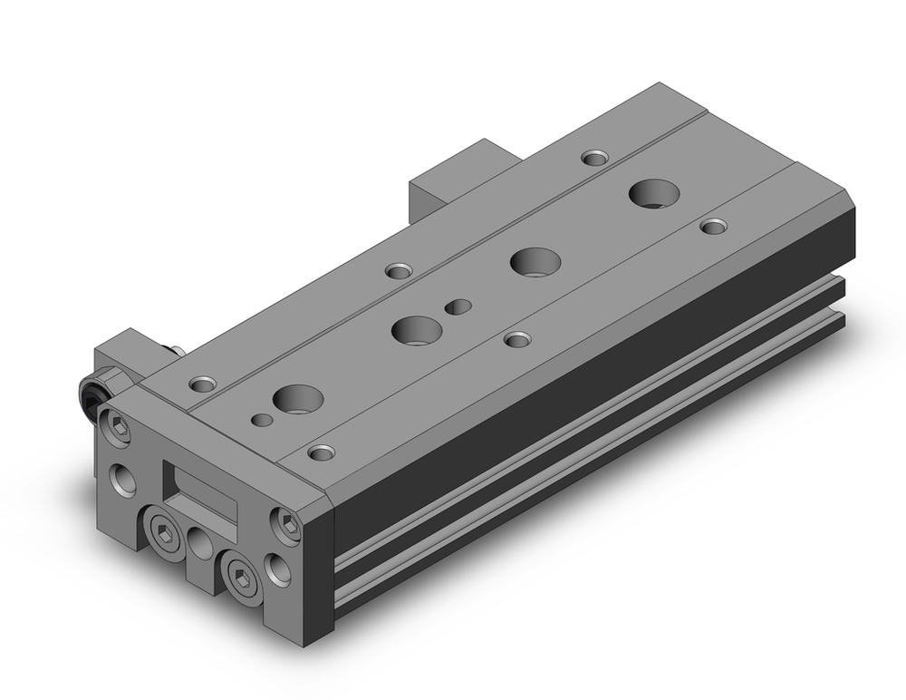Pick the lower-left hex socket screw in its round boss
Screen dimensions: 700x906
click(x=163, y=530)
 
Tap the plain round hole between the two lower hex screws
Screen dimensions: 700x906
click(x=200, y=544)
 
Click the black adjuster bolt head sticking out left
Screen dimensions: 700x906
click(x=91, y=395)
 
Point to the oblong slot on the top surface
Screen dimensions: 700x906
click(x=458, y=306)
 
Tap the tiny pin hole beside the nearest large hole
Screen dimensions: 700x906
click(x=262, y=418)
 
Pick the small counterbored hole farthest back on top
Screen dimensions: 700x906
click(x=593, y=159)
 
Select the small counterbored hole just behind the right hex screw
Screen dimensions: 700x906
click(x=319, y=451)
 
